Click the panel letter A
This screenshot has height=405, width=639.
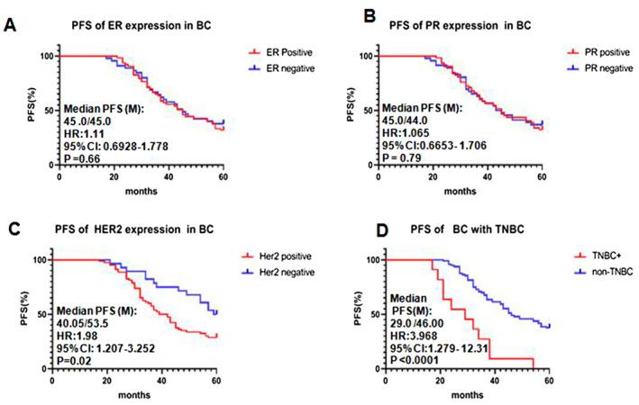tap(10, 25)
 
